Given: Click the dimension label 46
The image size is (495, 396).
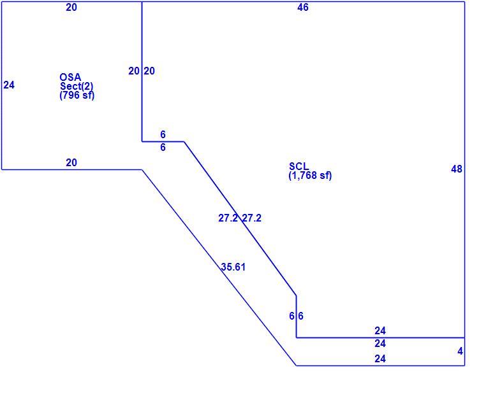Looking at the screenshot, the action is (303, 7).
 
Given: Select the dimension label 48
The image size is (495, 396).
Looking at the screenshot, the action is (457, 169).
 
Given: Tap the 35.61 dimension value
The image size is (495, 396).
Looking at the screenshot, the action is (233, 267).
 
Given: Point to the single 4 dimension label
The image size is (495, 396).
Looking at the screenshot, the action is (461, 351).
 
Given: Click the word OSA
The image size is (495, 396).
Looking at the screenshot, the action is (70, 77).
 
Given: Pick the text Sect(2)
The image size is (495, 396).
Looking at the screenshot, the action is (77, 86).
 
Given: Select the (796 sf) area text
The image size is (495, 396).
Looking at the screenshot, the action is (77, 95).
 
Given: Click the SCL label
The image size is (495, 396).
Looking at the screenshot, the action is (299, 166).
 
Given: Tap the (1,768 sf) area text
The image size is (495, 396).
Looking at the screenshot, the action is (310, 176).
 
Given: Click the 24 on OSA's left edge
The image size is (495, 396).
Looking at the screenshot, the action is (9, 85).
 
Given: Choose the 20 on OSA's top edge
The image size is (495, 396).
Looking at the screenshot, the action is (71, 7).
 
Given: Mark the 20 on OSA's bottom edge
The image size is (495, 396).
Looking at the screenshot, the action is (71, 162).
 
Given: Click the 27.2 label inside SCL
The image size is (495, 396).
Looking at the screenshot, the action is (252, 218).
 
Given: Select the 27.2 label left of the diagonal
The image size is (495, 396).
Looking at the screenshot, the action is (228, 218).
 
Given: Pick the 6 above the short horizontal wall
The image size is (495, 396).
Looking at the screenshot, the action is (163, 134).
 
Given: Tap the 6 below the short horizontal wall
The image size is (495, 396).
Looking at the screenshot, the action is (163, 147).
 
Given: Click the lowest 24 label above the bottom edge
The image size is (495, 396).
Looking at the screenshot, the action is (380, 358).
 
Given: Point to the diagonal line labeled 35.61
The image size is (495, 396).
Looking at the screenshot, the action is (219, 268).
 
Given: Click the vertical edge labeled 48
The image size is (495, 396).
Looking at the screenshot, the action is (464, 169).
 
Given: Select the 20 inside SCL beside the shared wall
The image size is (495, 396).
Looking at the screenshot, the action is (149, 71).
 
